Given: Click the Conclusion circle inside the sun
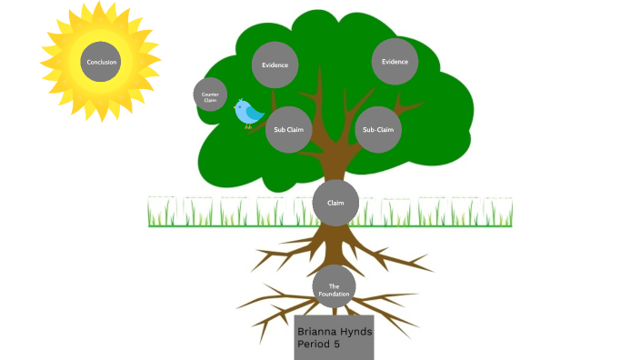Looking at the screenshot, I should tap(101, 62).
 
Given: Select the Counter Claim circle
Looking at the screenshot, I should tap(210, 95).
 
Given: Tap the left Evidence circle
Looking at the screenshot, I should tap(275, 65).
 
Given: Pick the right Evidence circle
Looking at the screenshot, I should tap(395, 62).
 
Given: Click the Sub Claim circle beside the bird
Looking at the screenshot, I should tap(289, 129).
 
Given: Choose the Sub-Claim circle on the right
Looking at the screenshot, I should tap(378, 129).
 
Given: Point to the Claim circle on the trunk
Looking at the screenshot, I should tap(335, 203).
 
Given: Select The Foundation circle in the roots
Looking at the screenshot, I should tap(334, 288).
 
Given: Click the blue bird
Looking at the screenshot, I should tap(248, 113).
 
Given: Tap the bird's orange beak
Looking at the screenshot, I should tap(264, 113).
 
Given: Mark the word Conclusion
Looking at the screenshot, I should tap(101, 62).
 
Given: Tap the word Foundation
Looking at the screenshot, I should tap(334, 293).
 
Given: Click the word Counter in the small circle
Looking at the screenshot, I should tap(210, 93).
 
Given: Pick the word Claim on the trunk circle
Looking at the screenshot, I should tap(335, 203).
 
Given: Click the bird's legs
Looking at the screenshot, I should tap(248, 125).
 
